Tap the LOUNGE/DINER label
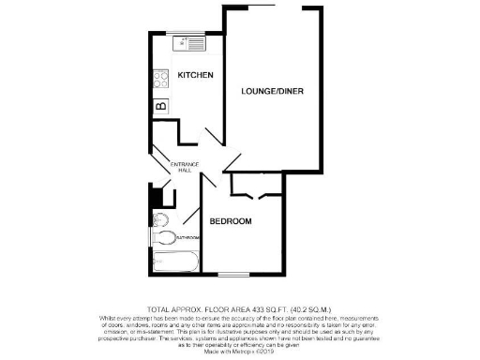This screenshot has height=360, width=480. click(272, 91)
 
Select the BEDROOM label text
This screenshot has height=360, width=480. click(230, 221)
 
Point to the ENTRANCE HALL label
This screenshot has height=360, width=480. click(182, 168)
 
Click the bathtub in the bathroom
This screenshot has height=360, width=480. click(174, 262)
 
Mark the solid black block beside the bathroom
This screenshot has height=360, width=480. click(157, 198)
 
